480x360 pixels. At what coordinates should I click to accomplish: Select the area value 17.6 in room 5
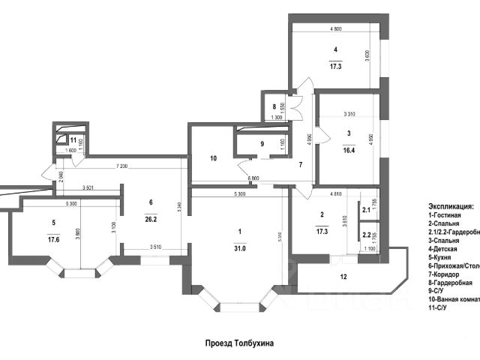tap(52, 241)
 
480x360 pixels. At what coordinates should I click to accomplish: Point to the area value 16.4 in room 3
tap(349, 148)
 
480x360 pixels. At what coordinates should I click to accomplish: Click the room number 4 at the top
tap(335, 50)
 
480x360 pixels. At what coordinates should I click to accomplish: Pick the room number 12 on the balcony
tap(344, 277)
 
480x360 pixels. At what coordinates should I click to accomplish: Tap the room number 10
tap(214, 158)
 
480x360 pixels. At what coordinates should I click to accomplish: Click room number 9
tap(262, 144)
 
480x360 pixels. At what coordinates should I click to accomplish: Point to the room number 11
tap(73, 139)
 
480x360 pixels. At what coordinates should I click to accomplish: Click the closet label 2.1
tap(366, 211)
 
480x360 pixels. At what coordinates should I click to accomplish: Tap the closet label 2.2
tap(366, 235)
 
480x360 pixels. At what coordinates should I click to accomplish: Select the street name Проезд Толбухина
tap(240, 343)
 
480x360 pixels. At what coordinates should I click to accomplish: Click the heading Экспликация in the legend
tap(451, 205)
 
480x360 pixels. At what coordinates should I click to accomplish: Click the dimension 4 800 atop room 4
tap(335, 28)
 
